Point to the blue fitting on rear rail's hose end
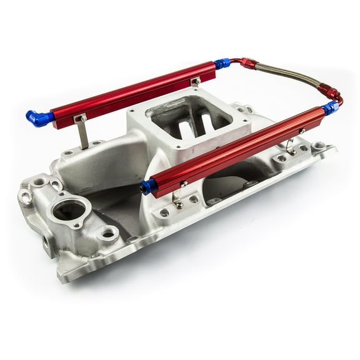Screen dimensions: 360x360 coord(222,63)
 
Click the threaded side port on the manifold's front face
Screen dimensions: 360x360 coord(47,241)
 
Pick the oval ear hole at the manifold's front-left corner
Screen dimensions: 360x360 coord(26,197)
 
